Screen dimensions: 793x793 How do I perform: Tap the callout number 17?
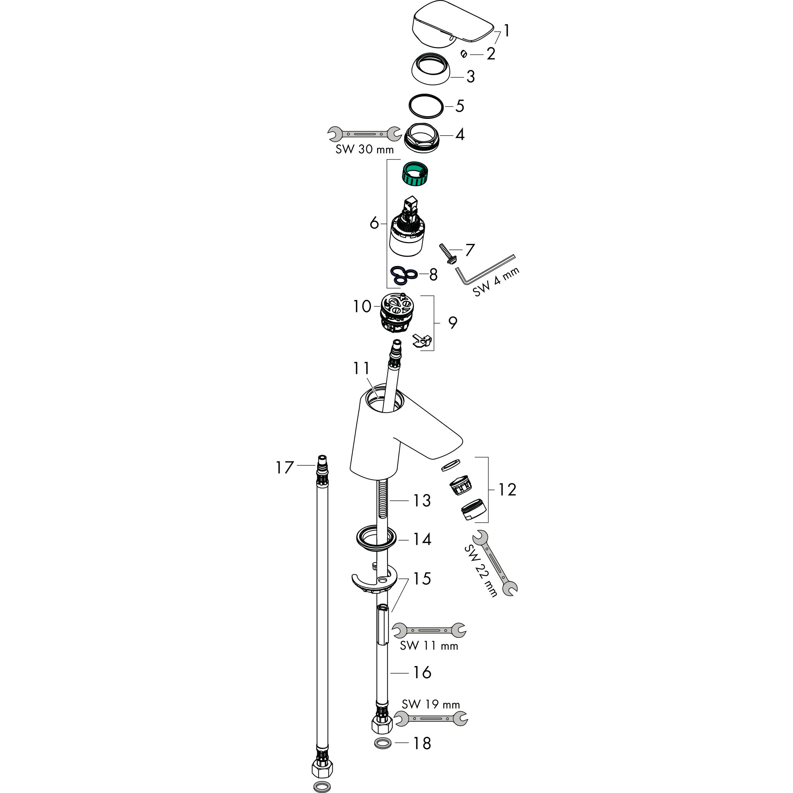[x=285, y=467]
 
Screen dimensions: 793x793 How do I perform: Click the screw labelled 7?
[x=446, y=254]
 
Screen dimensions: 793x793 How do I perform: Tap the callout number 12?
[x=507, y=490]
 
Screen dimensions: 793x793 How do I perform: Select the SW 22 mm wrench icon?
[x=495, y=563]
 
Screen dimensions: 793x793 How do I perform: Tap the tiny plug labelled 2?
[x=464, y=54]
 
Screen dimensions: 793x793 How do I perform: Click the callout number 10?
[x=362, y=306]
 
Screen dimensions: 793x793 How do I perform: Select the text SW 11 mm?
[x=429, y=645]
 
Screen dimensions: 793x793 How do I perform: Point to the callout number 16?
[x=422, y=672]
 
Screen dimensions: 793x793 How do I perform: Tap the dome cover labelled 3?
[x=431, y=69]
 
